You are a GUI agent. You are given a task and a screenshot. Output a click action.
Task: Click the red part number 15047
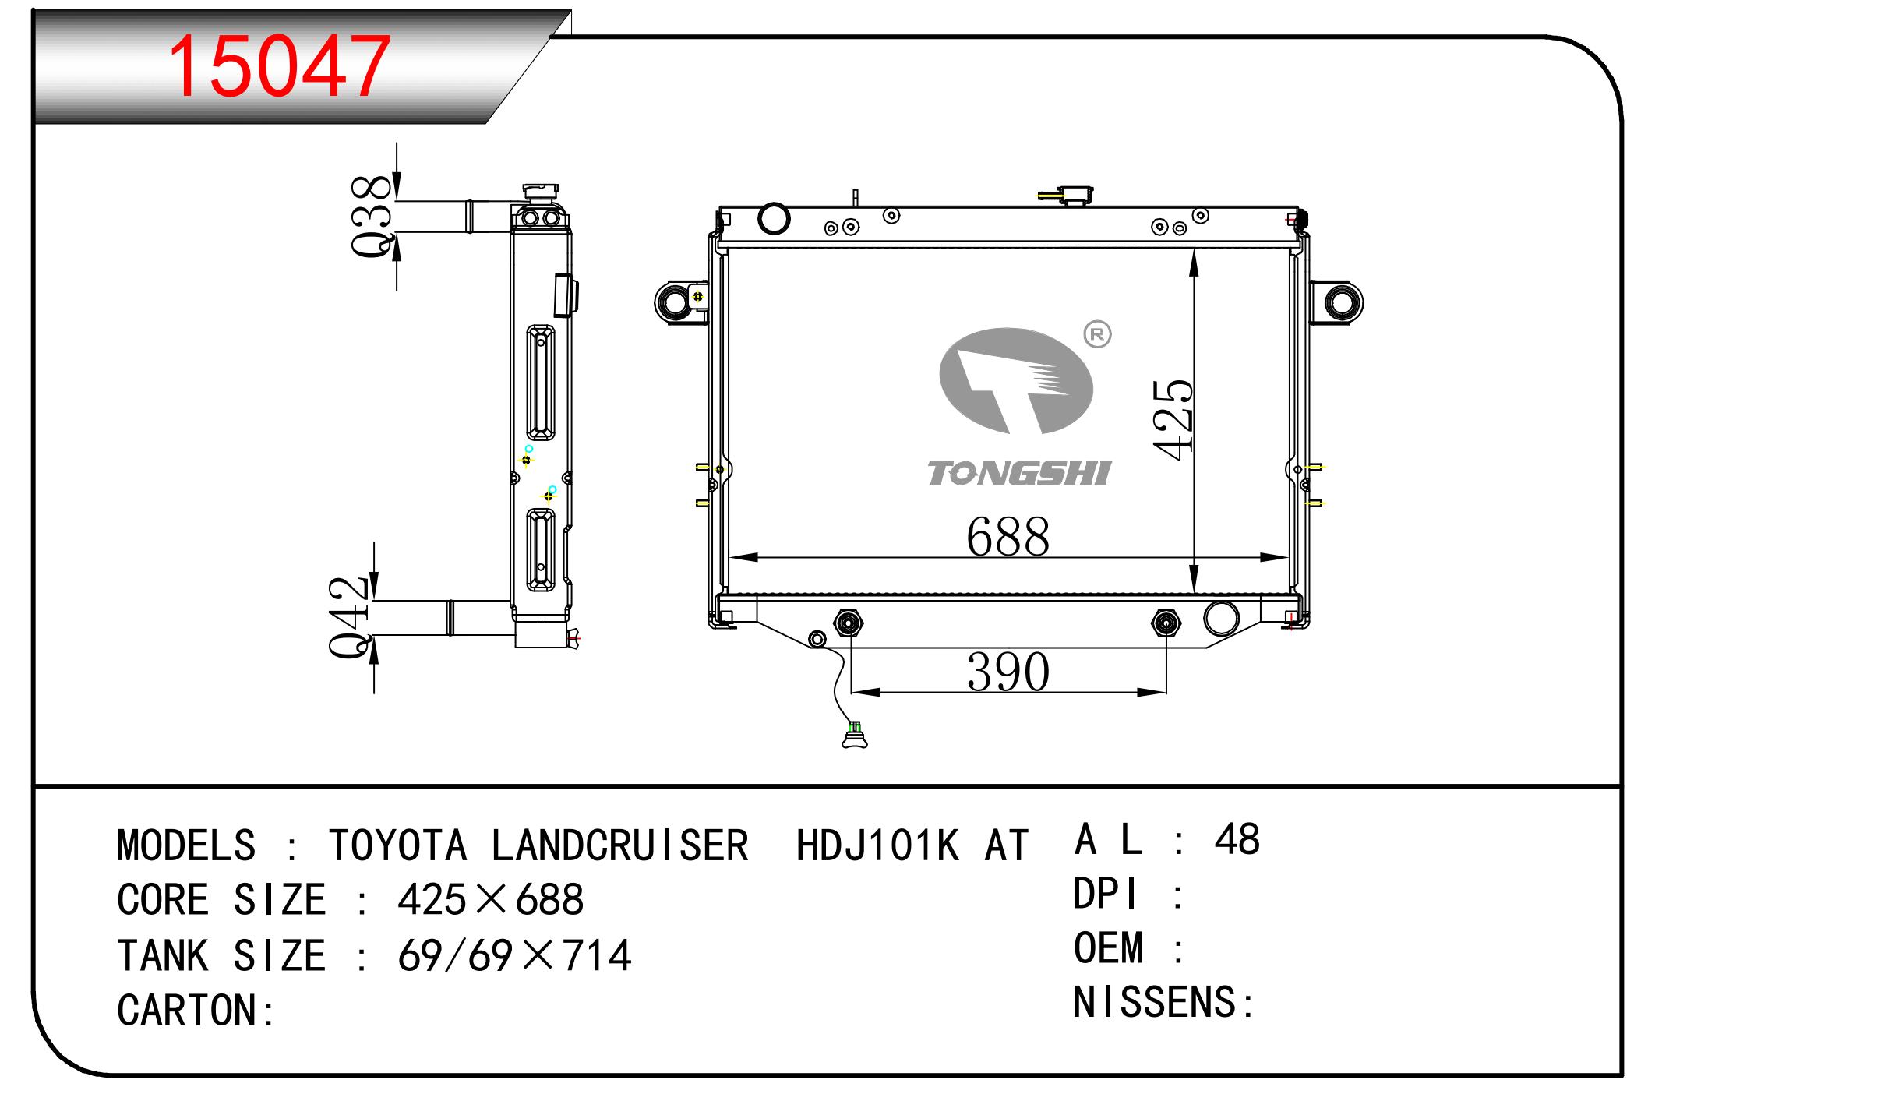(x=279, y=67)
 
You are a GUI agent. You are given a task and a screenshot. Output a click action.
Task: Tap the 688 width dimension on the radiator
(x=1008, y=537)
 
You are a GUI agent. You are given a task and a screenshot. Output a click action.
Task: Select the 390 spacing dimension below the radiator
(x=1008, y=672)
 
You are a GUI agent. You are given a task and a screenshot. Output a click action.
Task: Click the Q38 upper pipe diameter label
(x=371, y=216)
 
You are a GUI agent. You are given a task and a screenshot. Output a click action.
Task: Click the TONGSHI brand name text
(x=1019, y=473)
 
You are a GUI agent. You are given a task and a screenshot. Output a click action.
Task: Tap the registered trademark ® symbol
(x=1097, y=334)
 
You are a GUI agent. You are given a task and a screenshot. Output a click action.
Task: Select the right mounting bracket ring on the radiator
(x=1341, y=302)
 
